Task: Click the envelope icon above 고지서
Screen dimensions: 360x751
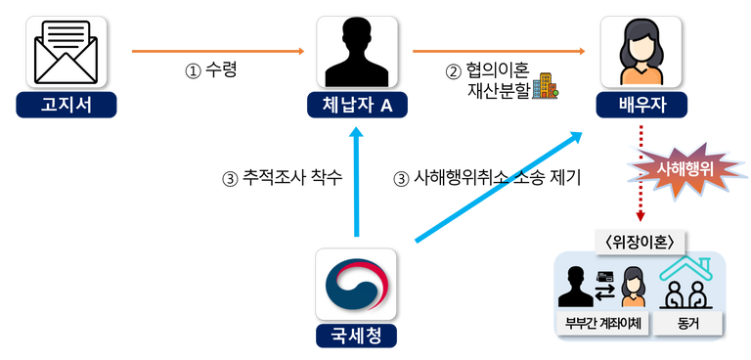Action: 66,52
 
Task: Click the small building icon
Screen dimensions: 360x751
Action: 544,87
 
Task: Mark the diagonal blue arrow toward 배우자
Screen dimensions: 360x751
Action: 499,185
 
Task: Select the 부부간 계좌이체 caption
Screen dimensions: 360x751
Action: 603,323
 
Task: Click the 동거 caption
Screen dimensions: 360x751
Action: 688,323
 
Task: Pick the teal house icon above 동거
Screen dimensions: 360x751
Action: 688,284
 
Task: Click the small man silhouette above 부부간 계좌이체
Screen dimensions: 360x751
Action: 573,288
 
